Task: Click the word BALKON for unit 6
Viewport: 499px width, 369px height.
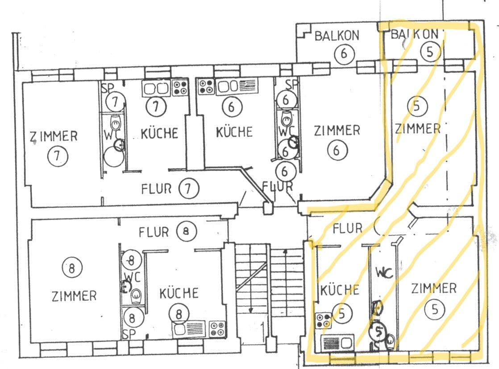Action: (337, 36)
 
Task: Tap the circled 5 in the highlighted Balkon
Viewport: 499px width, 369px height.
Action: (430, 52)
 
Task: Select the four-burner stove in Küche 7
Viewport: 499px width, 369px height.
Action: (180, 87)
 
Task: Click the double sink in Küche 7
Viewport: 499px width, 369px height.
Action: (155, 88)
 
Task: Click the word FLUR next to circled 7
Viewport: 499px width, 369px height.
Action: (156, 189)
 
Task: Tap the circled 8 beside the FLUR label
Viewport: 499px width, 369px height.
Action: (186, 231)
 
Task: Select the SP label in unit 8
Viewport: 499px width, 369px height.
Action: (129, 333)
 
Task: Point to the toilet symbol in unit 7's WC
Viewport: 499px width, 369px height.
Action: (115, 121)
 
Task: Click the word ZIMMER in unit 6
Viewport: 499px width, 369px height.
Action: (337, 131)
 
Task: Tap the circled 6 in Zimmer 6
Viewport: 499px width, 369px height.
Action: (337, 151)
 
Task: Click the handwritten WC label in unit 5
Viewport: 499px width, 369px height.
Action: (384, 272)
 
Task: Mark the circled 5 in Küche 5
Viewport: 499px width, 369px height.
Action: (342, 314)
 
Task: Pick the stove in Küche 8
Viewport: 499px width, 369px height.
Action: (217, 329)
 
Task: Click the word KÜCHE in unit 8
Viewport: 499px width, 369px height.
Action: (179, 293)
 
